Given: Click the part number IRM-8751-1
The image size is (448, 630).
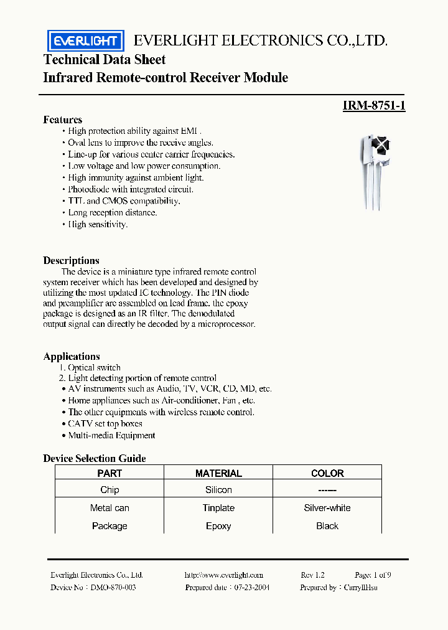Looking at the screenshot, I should point(374,106).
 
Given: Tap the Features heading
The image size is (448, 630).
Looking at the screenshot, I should point(62,120).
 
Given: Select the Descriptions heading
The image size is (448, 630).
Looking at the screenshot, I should point(71,260).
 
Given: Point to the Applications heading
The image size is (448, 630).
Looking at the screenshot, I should point(72,356).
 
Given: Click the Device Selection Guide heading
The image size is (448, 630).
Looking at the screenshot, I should point(95,458).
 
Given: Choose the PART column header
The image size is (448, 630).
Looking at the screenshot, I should point(110,473).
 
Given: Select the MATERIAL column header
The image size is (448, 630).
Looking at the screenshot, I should point(218,473).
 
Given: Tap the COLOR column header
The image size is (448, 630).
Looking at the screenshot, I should point(327,473).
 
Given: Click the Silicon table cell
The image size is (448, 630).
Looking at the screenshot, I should point(218,490).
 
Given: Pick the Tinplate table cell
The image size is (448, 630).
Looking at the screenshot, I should point(218,508).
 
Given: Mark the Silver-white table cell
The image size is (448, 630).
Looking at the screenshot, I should point(327,508).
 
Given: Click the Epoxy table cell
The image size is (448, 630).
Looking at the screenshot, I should point(218,526).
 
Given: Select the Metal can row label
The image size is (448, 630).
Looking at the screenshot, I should point(110,508).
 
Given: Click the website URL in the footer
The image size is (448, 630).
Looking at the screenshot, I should point(224,575).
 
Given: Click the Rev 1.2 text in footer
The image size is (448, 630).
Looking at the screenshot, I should point(312,575).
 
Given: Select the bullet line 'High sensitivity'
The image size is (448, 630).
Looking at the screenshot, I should point(98,224).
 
